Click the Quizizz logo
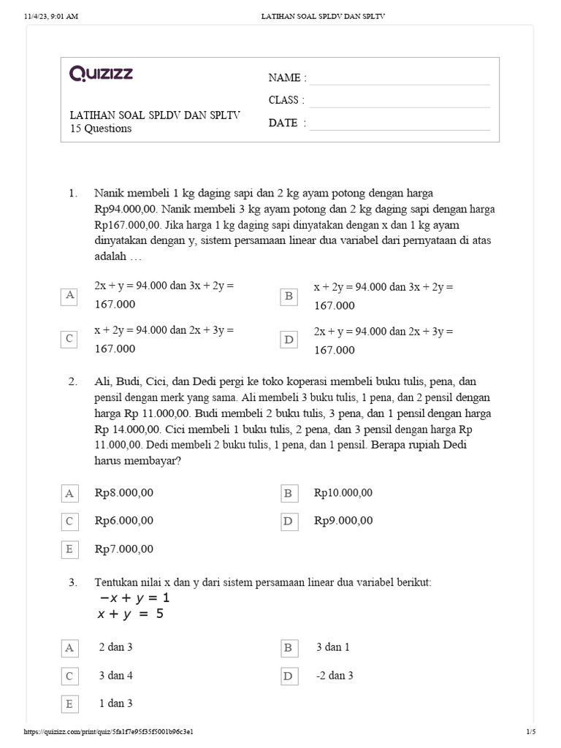tap(101, 73)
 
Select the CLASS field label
tap(286, 100)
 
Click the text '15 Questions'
tap(100, 129)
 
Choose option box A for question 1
tap(69, 295)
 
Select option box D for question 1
tap(289, 340)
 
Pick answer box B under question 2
tap(289, 493)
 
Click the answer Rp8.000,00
tap(124, 493)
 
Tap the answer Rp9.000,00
tap(343, 521)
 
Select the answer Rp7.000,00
tap(124, 549)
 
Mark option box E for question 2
tap(69, 549)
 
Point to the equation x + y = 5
tap(131, 614)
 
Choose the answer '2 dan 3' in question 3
tap(115, 647)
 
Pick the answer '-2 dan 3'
tap(335, 676)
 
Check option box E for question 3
tap(69, 704)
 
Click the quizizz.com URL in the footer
tap(109, 731)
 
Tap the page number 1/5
tap(531, 731)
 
